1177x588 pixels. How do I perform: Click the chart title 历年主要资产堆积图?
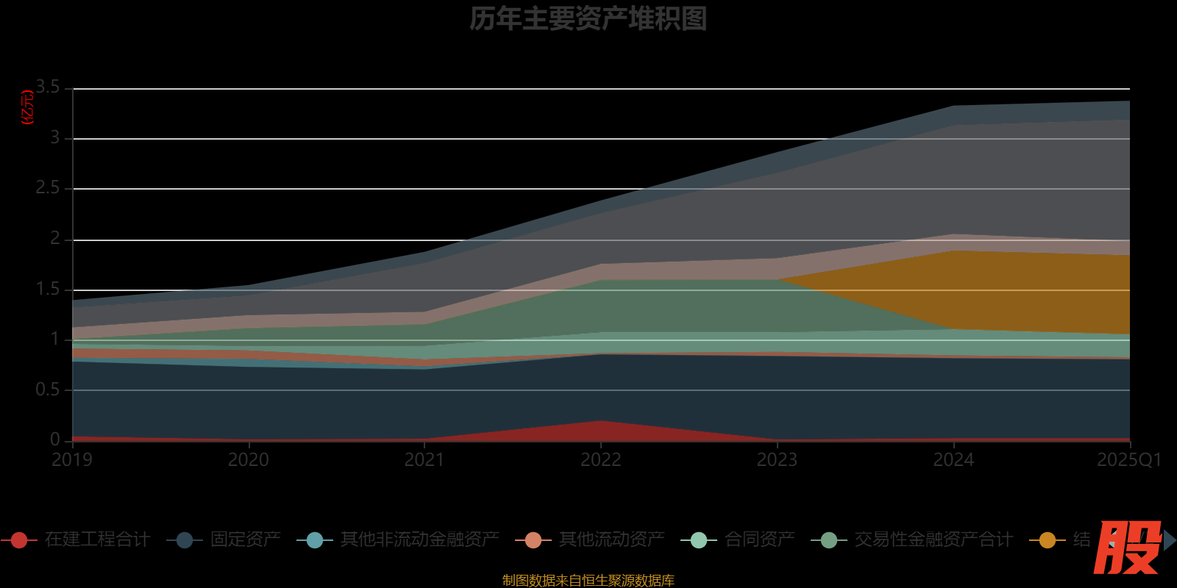tap(588, 19)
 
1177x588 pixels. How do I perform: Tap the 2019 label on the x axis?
tap(71, 460)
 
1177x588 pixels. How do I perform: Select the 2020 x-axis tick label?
tap(249, 460)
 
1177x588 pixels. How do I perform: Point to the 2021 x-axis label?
tap(424, 460)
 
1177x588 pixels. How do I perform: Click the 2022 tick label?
tap(601, 460)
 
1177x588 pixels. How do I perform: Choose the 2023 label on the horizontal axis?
tap(778, 460)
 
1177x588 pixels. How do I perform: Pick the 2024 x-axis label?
tap(953, 460)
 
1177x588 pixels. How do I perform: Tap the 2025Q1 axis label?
tap(1128, 460)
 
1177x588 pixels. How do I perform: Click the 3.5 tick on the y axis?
tap(49, 87)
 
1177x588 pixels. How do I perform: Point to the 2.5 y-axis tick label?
tap(49, 188)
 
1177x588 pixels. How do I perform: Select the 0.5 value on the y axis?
tap(49, 390)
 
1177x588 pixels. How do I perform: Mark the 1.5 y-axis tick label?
tap(49, 289)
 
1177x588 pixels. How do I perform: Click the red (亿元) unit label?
tap(28, 107)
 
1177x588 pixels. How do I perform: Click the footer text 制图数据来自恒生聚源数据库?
tap(588, 581)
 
